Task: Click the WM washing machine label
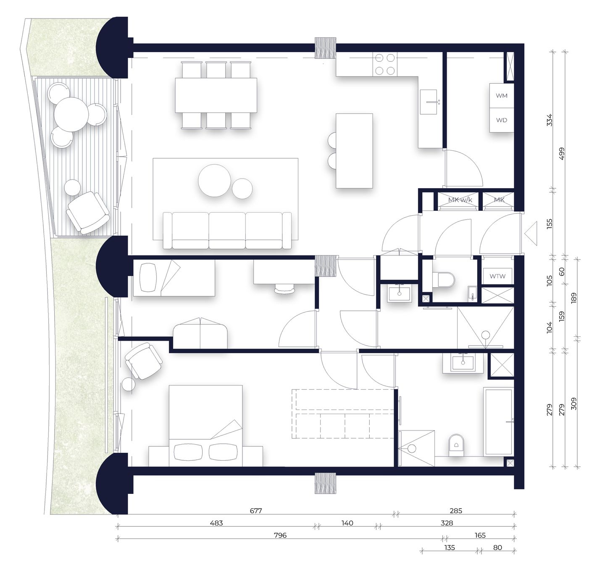(x=502, y=96)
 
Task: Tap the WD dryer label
(x=502, y=120)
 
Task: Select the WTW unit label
(x=497, y=276)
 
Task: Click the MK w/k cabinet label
(x=460, y=200)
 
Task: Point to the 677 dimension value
(x=256, y=511)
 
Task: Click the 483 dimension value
(x=216, y=523)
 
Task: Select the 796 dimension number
(x=280, y=535)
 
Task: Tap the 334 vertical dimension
(x=549, y=120)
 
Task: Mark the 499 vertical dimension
(x=562, y=153)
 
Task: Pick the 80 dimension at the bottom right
(x=497, y=548)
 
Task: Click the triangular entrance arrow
(x=531, y=234)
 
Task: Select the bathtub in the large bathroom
(x=498, y=421)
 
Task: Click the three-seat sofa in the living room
(x=227, y=231)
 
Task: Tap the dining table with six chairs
(x=216, y=95)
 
